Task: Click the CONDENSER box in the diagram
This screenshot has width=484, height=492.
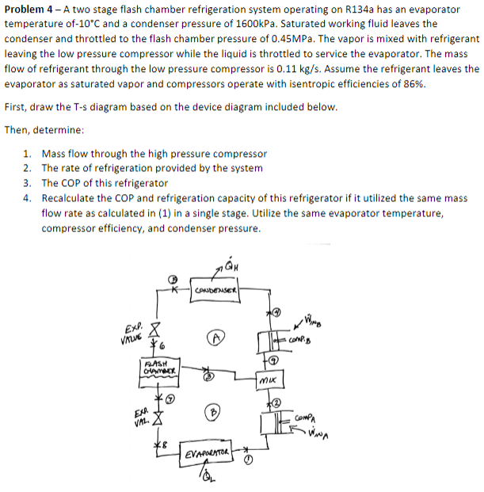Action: click(x=218, y=296)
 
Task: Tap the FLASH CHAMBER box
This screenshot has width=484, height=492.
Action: click(x=155, y=371)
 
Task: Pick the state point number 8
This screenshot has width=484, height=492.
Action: click(x=166, y=438)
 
